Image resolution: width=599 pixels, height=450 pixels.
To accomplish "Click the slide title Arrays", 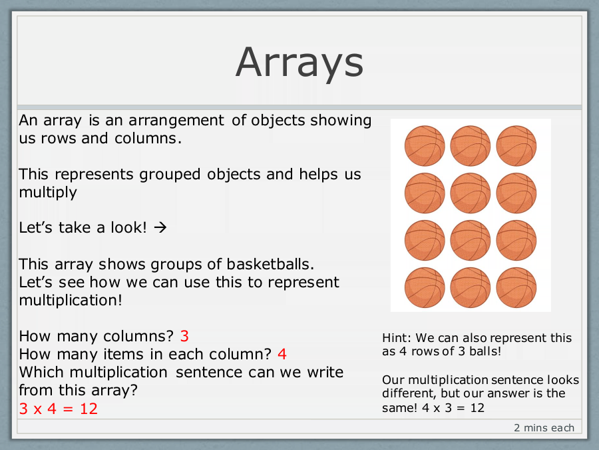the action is [x=299, y=63].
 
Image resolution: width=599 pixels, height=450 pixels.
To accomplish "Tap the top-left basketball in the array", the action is [x=425, y=146].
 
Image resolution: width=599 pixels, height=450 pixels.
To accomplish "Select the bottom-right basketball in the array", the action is [x=516, y=287].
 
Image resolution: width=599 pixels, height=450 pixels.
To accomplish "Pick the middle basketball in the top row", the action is [x=471, y=146].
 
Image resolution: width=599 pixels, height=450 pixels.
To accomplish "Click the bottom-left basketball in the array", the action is [x=425, y=287].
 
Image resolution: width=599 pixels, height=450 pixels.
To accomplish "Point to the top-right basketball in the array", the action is [x=516, y=146].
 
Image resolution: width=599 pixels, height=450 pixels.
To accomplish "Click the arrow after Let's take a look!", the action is [x=160, y=228].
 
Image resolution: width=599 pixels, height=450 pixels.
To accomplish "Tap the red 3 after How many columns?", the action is [x=184, y=336].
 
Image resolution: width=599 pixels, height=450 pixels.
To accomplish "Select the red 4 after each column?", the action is [x=282, y=354].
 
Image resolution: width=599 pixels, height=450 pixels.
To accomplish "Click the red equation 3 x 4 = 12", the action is [x=59, y=409].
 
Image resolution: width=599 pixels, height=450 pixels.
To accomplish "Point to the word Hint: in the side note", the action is [x=397, y=338].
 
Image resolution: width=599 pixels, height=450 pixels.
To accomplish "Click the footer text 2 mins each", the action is [x=544, y=427].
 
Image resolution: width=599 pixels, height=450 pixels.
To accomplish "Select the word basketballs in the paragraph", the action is [x=270, y=264].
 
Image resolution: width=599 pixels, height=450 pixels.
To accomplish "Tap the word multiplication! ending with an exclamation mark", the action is [x=71, y=301].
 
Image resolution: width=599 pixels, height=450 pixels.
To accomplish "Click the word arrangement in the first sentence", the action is [x=176, y=121].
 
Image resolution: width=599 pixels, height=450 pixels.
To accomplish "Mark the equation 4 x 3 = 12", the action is [x=453, y=407].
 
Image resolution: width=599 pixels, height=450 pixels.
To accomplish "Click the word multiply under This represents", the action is [x=48, y=192].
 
